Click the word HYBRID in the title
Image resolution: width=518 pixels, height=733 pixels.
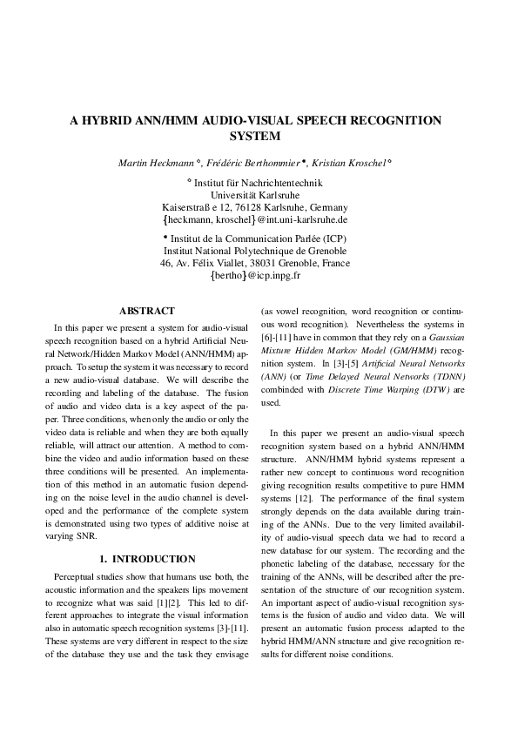[112, 121]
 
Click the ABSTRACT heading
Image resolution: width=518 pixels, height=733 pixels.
[146, 311]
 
